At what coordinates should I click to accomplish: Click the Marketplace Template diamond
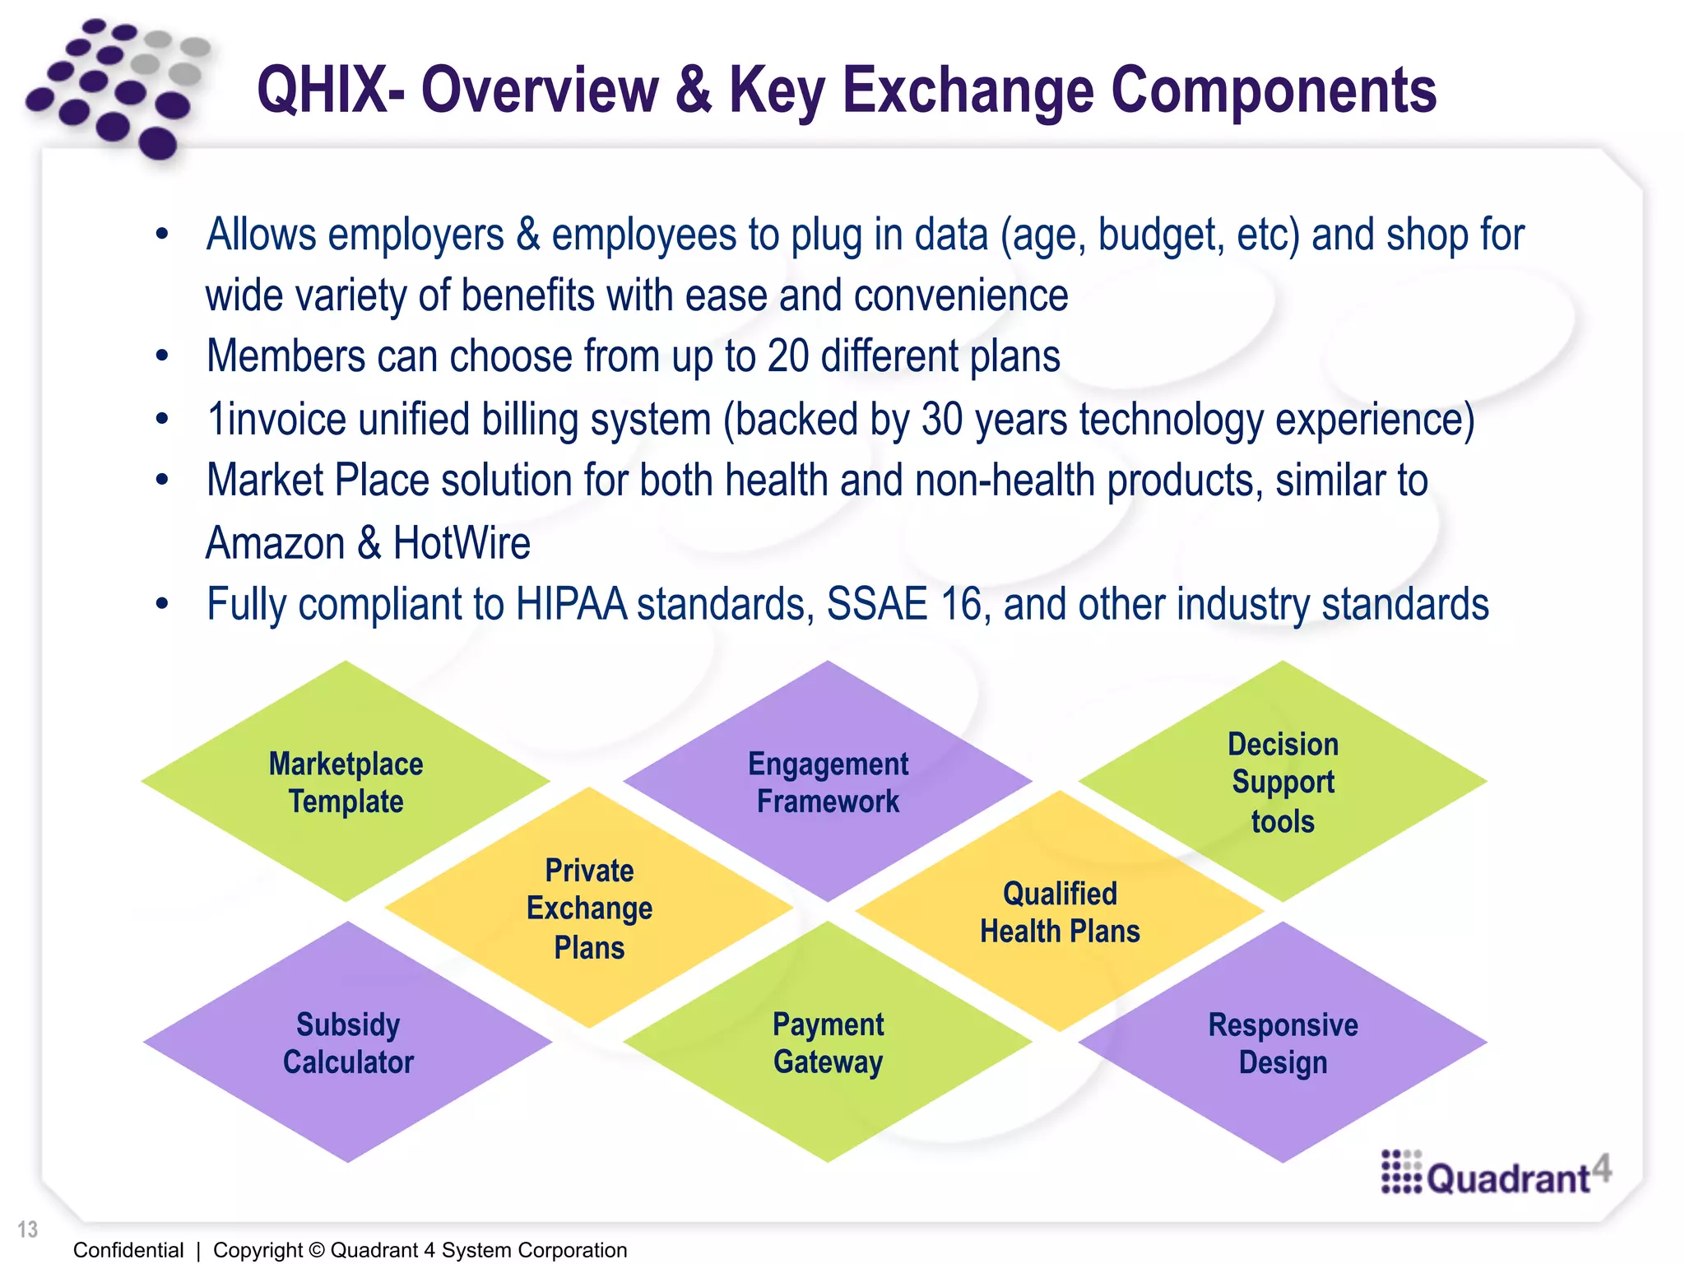(346, 782)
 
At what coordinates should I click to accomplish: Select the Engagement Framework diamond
(828, 782)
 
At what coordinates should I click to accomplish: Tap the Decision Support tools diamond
(1283, 782)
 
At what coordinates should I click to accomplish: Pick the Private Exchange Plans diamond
(589, 908)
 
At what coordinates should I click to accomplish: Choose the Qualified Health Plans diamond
(1060, 912)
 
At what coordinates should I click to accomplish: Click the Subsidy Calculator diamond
(347, 1043)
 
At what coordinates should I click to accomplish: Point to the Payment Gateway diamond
(828, 1043)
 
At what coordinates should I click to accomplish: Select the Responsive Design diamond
(1283, 1043)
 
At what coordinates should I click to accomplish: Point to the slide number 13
(28, 1229)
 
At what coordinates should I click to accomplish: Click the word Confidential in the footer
(128, 1250)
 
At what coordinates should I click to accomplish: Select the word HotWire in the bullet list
(462, 543)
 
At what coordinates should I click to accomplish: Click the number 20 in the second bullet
(788, 356)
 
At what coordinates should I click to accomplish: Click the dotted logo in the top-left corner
(115, 86)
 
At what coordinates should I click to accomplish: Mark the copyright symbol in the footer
(317, 1250)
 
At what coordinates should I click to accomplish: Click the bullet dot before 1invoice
(162, 419)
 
